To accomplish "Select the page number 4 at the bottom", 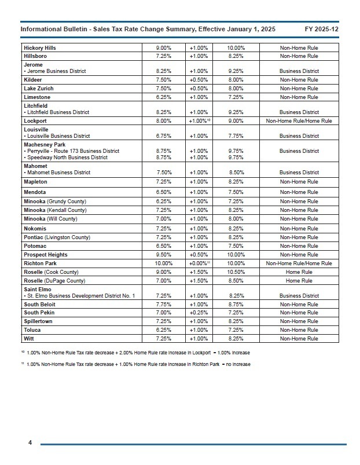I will tap(30, 443).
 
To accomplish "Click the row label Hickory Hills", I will tap(40, 47).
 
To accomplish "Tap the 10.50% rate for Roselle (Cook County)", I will tap(236, 272).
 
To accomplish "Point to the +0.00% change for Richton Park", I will tap(198, 263).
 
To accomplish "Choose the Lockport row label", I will tap(35, 121).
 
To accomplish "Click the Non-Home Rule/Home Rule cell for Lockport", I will tap(299, 121).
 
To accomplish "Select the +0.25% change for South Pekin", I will tap(199, 313).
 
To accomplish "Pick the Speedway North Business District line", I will tap(67, 158).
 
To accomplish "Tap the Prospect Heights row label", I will tap(46, 255).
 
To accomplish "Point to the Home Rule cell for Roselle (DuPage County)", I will tap(299, 281).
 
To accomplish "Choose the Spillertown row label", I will tap(38, 321).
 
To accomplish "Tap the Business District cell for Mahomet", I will tap(299, 173).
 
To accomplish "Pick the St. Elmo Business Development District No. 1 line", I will tap(79, 296).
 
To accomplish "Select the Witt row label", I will tap(29, 339).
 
